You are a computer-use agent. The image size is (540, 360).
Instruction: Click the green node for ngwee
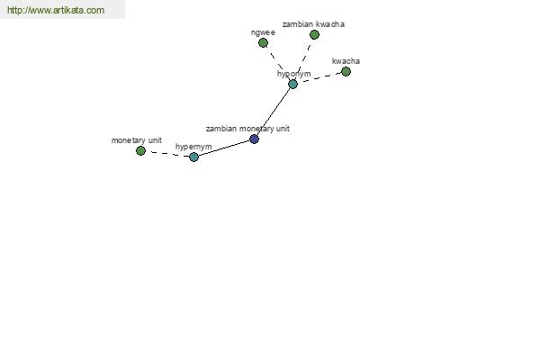point(263,42)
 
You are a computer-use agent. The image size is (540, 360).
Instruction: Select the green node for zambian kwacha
point(314,34)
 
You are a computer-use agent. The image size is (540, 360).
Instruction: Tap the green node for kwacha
point(346,72)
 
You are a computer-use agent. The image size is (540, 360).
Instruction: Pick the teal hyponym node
point(292,84)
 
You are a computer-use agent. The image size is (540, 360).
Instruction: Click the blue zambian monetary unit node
point(254,139)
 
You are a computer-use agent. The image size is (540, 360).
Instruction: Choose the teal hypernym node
point(193,157)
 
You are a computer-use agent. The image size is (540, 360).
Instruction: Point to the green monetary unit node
point(140,150)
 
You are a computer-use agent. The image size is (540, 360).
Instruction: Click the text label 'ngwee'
point(263,32)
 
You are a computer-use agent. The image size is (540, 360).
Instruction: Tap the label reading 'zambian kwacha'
point(313,24)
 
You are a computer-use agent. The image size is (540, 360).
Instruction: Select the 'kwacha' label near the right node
point(346,61)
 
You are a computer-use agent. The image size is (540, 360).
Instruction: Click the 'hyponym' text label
point(293,74)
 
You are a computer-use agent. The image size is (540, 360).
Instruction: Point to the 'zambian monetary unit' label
point(247,129)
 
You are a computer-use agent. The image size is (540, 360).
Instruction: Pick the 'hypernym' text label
point(193,147)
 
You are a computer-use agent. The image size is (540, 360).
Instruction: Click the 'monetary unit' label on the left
point(137,140)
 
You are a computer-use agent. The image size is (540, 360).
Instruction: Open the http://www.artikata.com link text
point(56,10)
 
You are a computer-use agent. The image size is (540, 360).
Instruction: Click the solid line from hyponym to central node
point(274,112)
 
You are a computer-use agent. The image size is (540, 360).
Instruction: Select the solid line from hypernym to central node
point(224,148)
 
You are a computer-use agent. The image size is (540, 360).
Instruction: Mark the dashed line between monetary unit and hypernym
point(167,154)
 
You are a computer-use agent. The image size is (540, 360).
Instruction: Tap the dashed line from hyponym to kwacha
point(319,78)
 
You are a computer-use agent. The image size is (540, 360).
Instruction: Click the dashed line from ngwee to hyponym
point(278,63)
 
